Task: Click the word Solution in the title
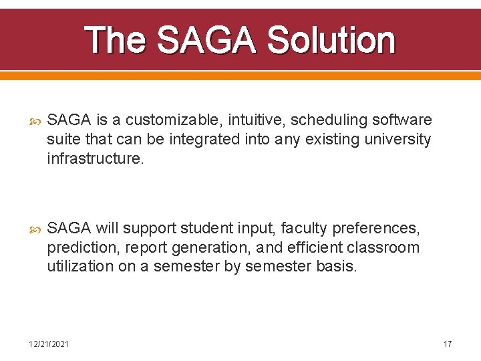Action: (331, 40)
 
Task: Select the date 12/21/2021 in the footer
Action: (48, 344)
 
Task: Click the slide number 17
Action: (448, 344)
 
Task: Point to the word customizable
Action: (166, 120)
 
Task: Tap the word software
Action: (402, 120)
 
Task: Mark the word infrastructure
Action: (95, 159)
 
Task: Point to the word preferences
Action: (380, 229)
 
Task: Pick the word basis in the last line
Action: (339, 267)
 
